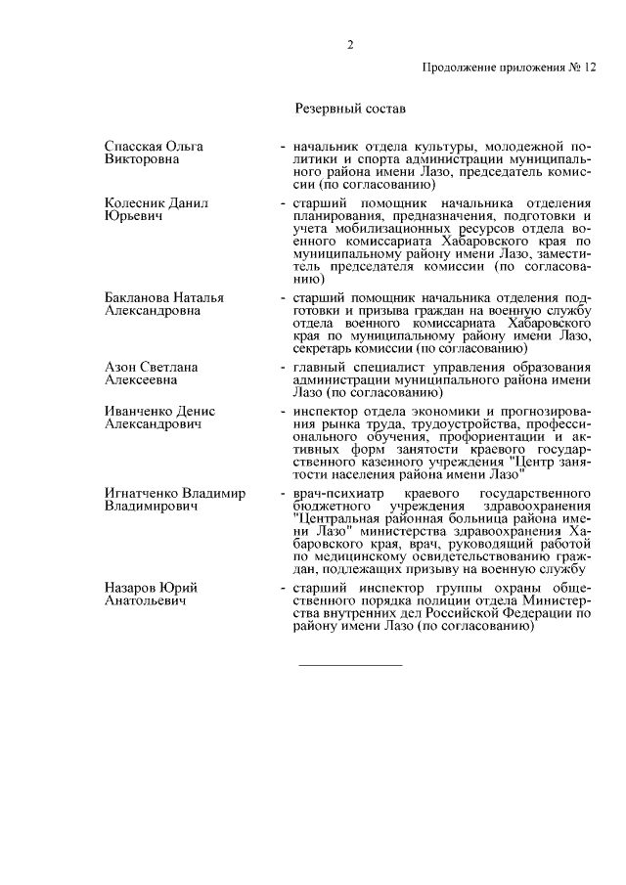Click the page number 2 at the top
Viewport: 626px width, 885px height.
349,44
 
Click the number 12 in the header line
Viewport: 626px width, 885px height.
588,68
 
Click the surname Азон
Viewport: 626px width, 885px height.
120,366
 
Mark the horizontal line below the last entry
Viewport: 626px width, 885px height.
349,666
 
